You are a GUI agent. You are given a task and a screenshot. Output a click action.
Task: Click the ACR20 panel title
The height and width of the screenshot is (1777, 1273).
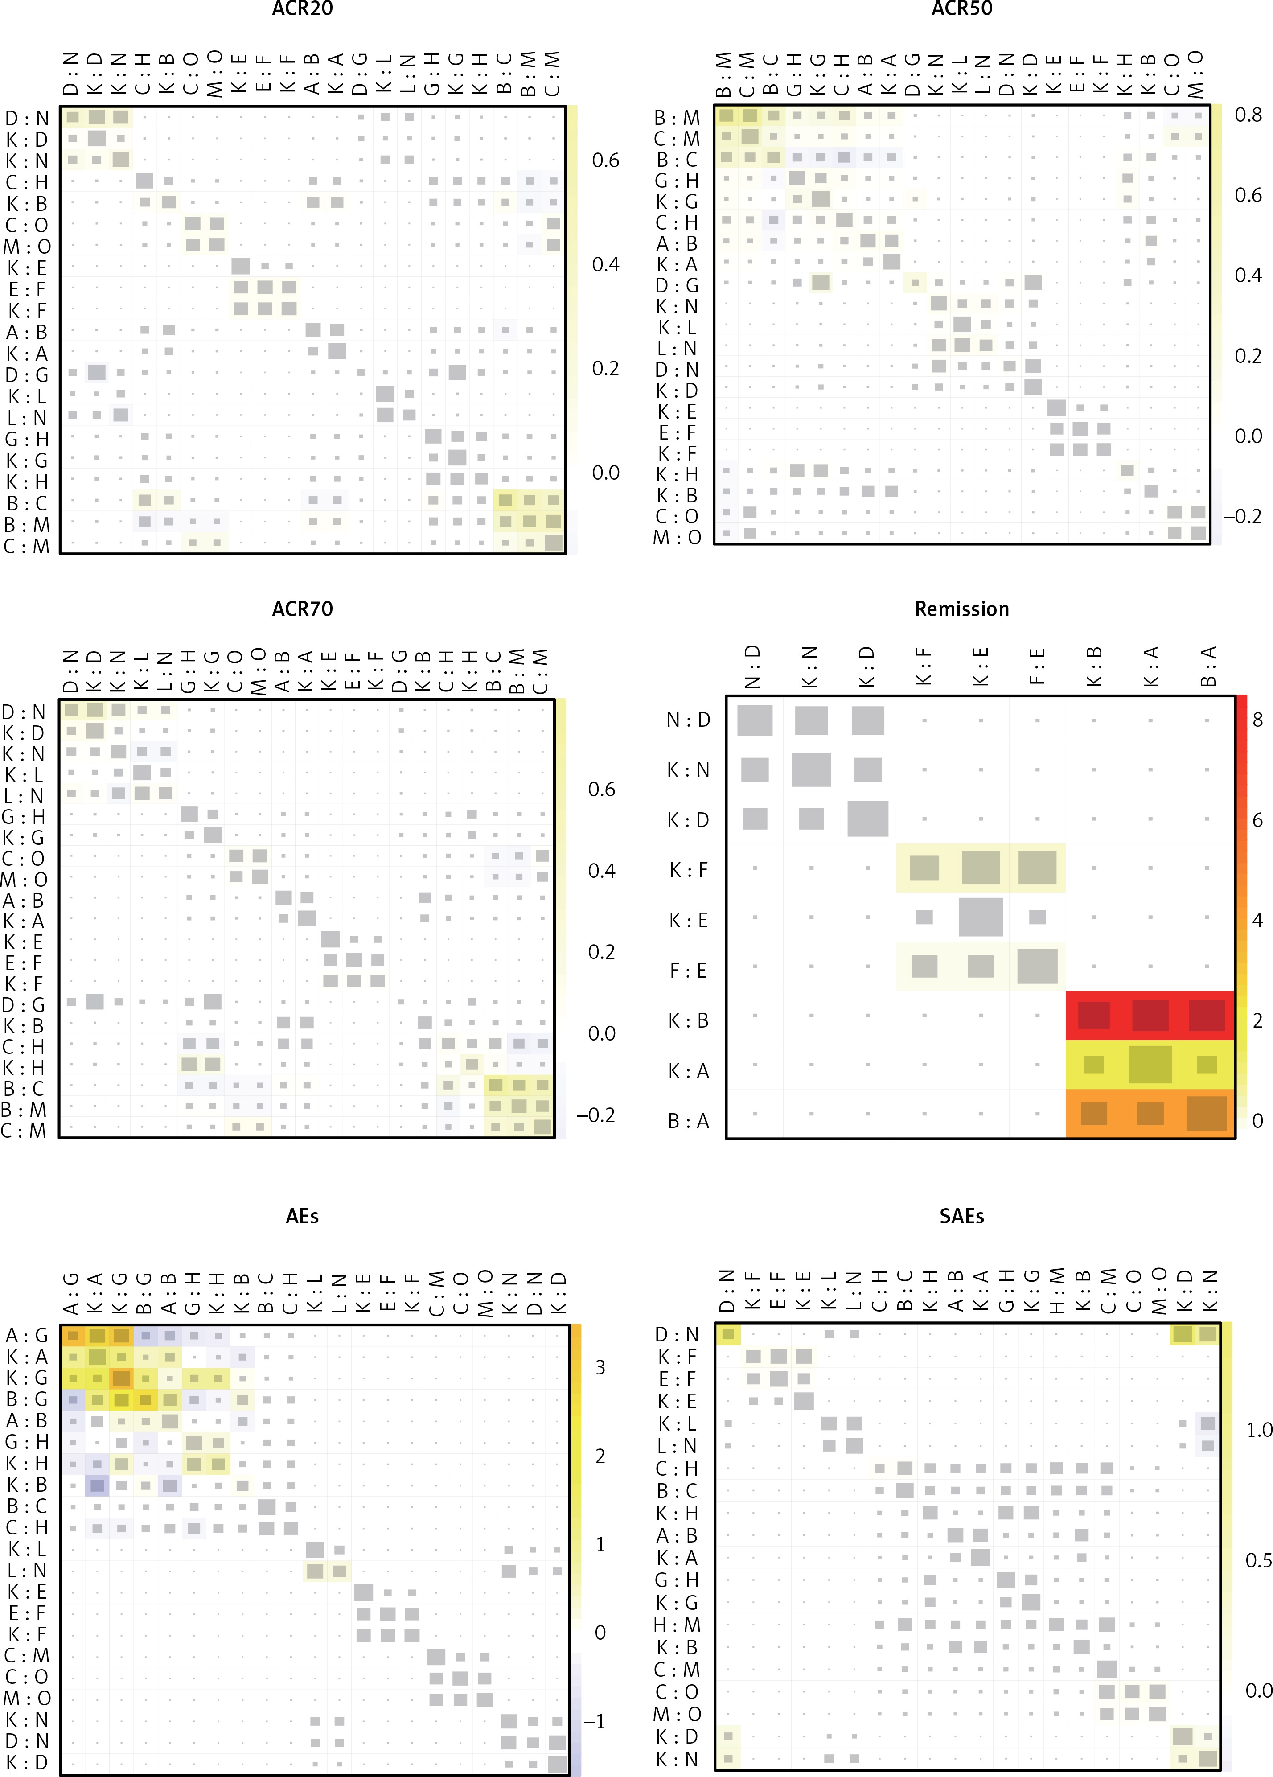coord(302,9)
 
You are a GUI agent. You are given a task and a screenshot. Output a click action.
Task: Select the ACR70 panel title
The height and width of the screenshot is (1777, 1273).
coord(302,609)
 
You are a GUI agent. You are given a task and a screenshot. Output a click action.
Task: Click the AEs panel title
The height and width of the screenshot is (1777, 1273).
coord(302,1216)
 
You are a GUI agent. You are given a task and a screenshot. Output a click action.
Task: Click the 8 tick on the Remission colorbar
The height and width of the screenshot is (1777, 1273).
coord(1257,720)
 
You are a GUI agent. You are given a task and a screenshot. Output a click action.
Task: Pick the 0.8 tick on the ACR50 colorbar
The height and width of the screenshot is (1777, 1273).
coord(1248,115)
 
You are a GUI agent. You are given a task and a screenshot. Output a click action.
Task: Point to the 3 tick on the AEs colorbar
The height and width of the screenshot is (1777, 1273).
coord(600,1367)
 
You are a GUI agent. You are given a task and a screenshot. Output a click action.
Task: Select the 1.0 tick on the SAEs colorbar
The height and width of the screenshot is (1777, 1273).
coord(1259,1430)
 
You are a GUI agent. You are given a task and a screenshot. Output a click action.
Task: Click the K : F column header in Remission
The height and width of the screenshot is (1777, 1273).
coord(924,666)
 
